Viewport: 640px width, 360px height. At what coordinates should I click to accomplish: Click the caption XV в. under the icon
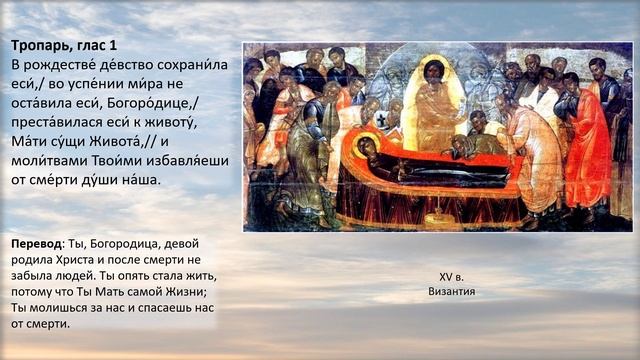452,276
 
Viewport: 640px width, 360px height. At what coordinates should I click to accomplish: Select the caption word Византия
452,291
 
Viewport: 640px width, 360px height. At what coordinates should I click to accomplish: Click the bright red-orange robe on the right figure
588,150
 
